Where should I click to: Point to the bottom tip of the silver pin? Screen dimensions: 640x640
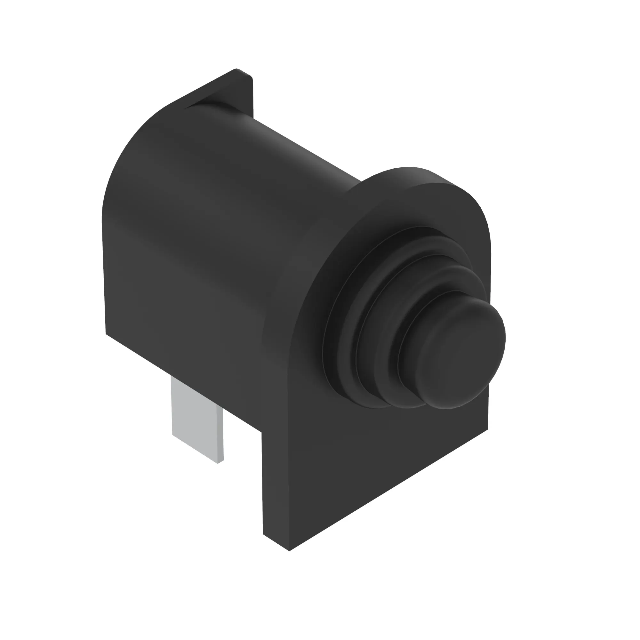click(x=218, y=462)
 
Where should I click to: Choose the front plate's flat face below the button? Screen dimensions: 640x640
click(x=381, y=464)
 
